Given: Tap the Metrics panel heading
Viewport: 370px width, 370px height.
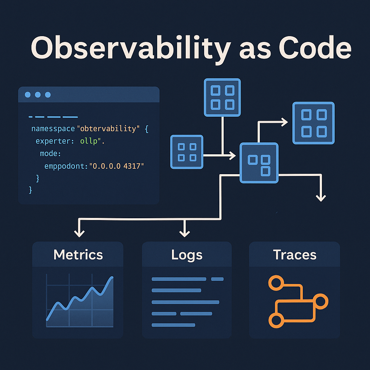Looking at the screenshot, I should (78, 255).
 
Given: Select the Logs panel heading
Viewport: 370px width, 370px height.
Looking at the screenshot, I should (187, 255).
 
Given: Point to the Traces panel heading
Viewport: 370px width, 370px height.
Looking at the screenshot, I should (294, 255).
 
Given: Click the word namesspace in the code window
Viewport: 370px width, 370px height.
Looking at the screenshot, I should (53, 129).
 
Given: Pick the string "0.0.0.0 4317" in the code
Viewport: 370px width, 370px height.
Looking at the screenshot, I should (118, 166).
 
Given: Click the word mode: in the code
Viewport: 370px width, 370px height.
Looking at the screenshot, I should (51, 154).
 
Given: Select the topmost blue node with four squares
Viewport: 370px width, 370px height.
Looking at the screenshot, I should (222, 98).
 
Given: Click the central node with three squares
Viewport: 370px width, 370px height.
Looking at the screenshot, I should (259, 162).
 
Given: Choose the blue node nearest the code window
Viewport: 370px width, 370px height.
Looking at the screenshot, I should (187, 152).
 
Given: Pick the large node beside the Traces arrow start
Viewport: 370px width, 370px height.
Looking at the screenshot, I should (313, 123).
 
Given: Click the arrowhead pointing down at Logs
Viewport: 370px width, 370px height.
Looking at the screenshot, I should (185, 233).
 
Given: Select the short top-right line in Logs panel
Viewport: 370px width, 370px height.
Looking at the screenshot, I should (217, 279).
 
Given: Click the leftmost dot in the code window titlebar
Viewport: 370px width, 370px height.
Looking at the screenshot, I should (27, 95).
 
